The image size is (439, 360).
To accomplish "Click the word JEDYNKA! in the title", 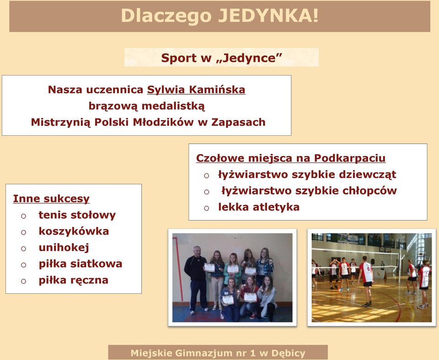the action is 268,16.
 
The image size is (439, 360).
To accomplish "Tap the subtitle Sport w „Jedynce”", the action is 221,58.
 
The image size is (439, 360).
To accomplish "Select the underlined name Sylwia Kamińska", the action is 196,90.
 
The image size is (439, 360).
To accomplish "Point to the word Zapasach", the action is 238,122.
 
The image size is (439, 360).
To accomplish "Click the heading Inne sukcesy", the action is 51,199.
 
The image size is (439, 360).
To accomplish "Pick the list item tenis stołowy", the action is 77,215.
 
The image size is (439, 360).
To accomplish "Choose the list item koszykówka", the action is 74,231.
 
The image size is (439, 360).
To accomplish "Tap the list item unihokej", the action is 64,247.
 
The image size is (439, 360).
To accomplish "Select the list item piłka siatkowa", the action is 80,264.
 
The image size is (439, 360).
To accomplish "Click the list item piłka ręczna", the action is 73,280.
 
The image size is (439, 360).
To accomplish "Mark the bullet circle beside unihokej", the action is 23,248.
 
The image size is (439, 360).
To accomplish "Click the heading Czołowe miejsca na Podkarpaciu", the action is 291,158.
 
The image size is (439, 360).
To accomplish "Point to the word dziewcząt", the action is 368,175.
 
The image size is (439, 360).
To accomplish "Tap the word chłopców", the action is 369,191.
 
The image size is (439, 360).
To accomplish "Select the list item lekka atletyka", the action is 259,207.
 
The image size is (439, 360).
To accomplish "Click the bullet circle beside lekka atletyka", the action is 207,208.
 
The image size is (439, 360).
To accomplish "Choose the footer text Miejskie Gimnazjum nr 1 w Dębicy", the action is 218,353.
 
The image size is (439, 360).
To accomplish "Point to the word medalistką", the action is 173,106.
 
